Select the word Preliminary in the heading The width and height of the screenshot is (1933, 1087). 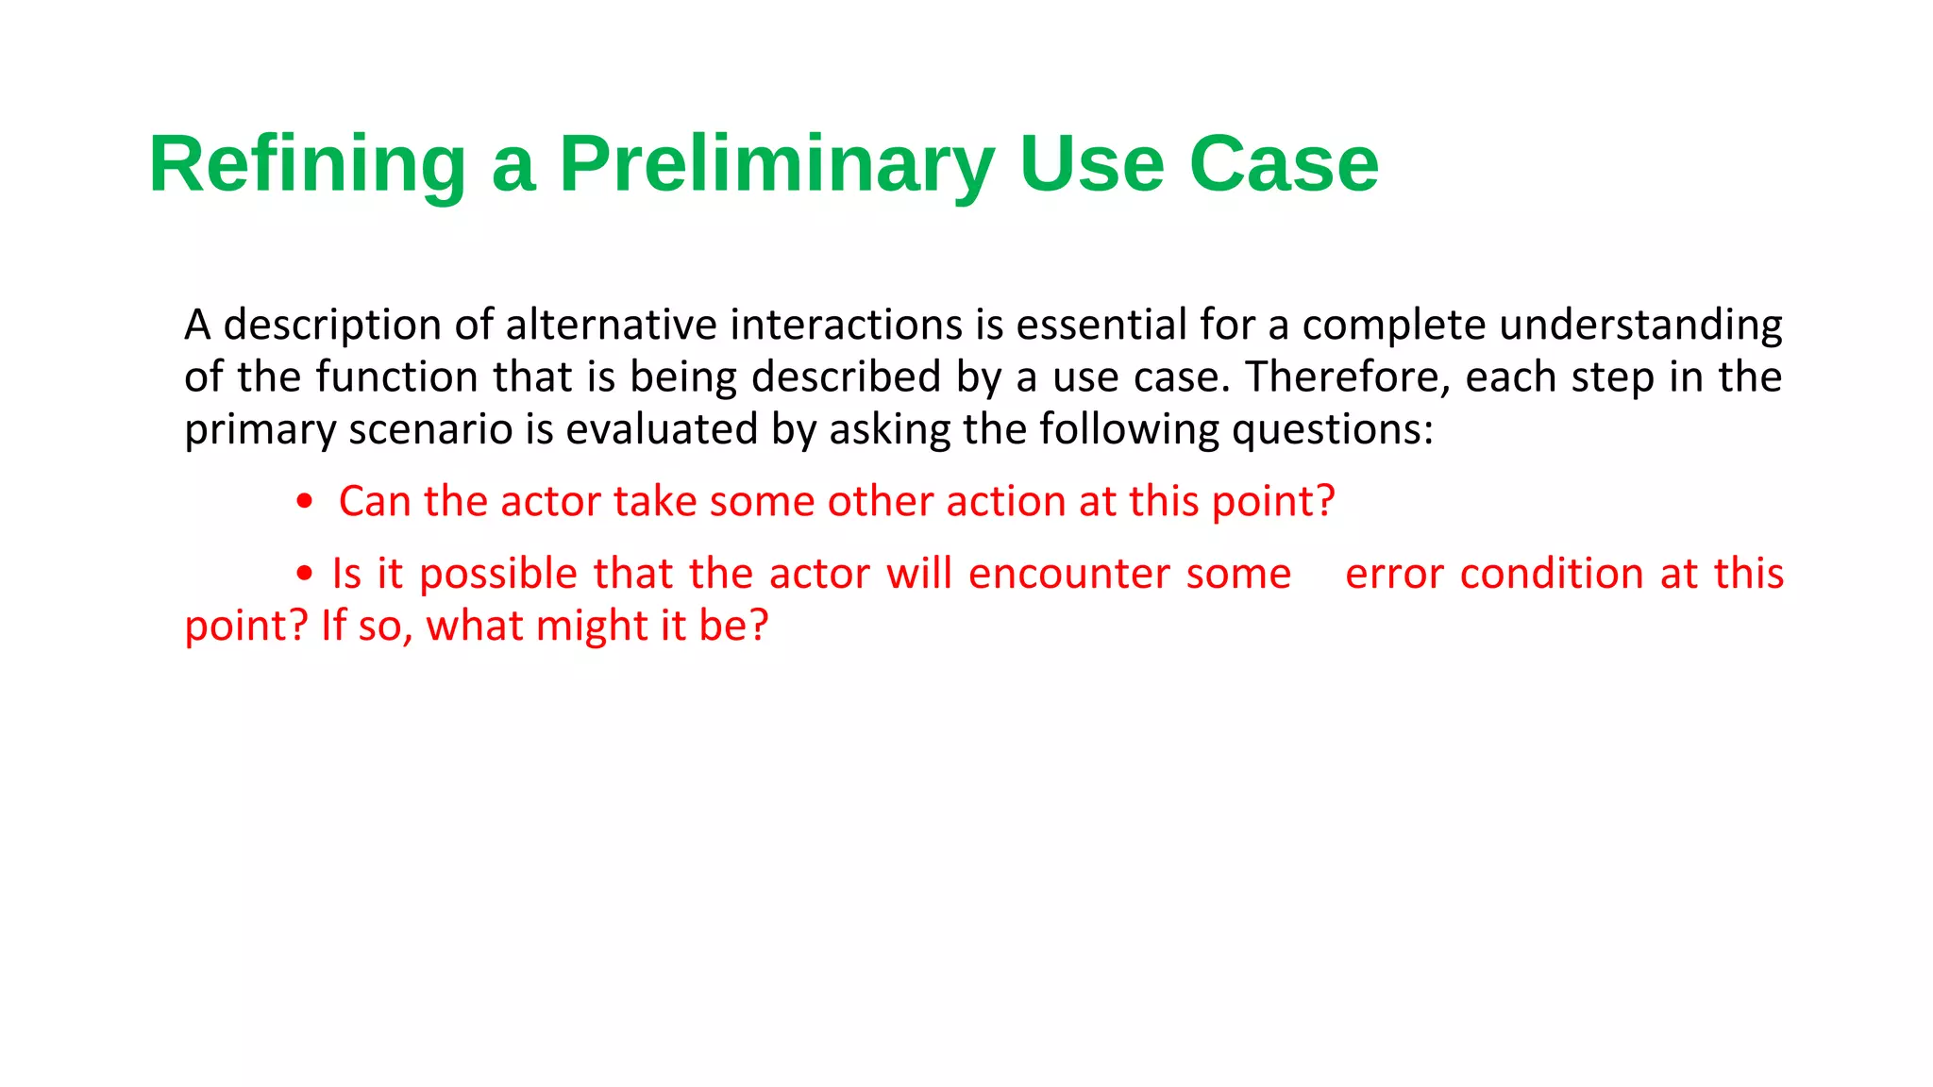click(x=776, y=164)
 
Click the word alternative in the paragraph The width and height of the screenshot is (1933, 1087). click(x=611, y=326)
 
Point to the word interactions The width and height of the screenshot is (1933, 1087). click(x=846, y=326)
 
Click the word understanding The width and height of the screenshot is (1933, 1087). click(x=1640, y=326)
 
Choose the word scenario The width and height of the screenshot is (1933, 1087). click(x=430, y=430)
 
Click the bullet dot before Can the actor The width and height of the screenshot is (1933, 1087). click(x=304, y=502)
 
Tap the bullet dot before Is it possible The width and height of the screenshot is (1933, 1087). click(x=304, y=574)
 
